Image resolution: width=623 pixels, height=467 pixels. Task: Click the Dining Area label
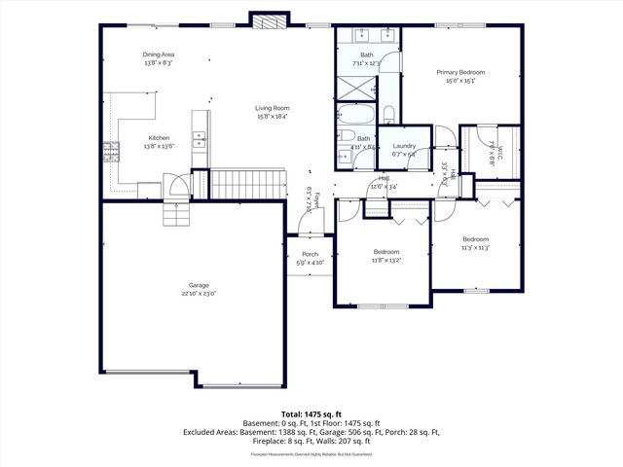158,54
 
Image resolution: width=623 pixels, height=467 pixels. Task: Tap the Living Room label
272,108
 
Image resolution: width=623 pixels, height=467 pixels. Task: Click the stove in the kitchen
111,151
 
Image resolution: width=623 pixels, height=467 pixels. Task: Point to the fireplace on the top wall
268,20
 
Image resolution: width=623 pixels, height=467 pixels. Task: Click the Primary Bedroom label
461,72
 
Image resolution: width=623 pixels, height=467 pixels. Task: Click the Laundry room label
403,146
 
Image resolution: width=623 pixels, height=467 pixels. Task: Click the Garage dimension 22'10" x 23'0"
199,293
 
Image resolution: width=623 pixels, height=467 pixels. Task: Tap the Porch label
310,255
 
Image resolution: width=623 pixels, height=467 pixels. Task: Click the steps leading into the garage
176,214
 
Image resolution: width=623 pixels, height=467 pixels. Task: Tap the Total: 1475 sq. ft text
311,413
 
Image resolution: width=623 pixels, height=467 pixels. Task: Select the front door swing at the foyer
311,224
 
